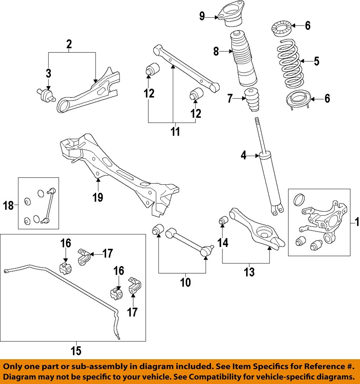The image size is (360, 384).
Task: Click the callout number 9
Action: point(202,16)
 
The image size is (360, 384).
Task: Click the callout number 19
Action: point(98,197)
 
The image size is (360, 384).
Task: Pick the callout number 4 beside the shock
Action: point(243,156)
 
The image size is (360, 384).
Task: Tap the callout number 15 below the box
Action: point(76,351)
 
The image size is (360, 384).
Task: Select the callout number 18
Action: point(8,205)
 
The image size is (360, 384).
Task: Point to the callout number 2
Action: point(69,44)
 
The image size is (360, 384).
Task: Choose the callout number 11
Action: point(175,132)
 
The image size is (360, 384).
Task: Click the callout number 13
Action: point(249,272)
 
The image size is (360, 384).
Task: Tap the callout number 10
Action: point(185,282)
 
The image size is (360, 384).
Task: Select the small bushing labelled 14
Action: point(223,220)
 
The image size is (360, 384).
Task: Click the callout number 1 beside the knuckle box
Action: point(357,222)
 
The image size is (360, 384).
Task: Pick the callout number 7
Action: point(230,99)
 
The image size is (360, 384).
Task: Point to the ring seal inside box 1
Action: point(299,200)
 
